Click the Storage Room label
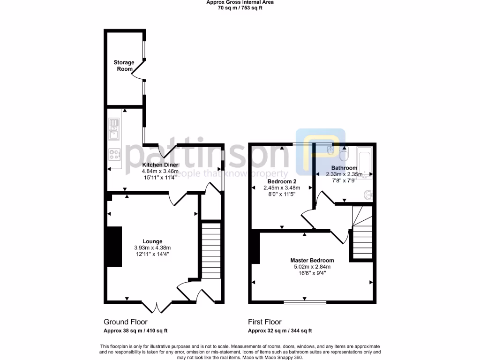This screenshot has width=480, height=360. click(x=124, y=66)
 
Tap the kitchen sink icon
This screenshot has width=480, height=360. click(x=114, y=129)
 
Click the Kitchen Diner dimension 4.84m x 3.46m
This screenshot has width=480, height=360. click(x=160, y=172)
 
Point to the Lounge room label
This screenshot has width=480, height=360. click(x=152, y=241)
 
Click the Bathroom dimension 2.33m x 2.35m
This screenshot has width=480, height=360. click(x=344, y=174)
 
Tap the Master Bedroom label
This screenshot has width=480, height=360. click(x=312, y=261)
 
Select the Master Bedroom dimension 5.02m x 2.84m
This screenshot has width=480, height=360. click(x=312, y=267)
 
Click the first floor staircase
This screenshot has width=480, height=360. click(x=362, y=232)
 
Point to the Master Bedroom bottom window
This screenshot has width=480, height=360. click(x=305, y=302)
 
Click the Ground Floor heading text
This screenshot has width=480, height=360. click(x=125, y=322)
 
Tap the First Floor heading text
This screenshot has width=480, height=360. click(x=265, y=322)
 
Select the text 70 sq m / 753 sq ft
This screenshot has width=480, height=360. click(x=240, y=8)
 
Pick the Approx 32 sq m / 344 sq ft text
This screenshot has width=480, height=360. click(x=280, y=331)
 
